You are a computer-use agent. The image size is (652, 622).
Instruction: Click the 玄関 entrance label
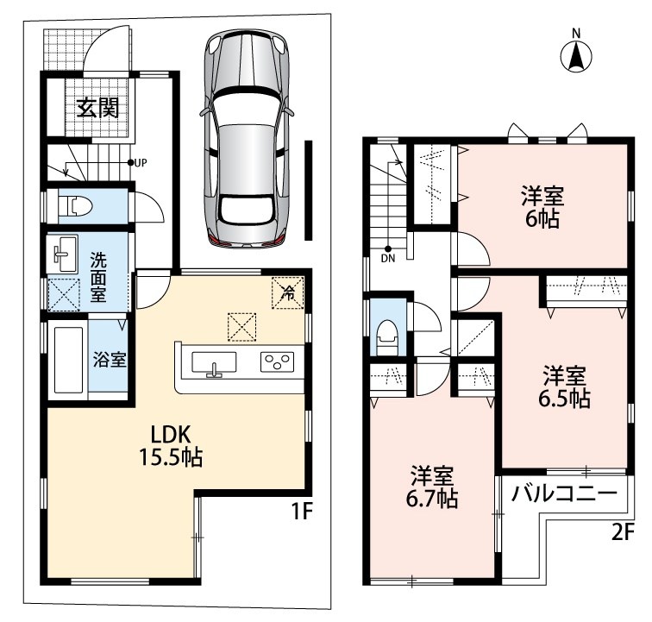pos(98,108)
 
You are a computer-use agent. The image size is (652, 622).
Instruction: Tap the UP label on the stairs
pos(141,163)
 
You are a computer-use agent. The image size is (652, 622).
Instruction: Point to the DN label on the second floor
pos(388,258)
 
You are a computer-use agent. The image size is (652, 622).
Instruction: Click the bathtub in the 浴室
pos(68,360)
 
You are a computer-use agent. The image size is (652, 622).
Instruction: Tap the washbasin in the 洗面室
pos(63,254)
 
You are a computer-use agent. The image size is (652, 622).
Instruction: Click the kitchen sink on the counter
pos(214,363)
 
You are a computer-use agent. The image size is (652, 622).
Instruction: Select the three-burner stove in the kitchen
pos(278,361)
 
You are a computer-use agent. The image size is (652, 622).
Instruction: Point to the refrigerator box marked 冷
pos(287,293)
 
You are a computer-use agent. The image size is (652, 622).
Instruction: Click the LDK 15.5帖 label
pos(171,446)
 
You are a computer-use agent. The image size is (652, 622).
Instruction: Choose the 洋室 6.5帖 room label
pos(564,386)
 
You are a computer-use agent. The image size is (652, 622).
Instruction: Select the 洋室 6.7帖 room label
pos(432,487)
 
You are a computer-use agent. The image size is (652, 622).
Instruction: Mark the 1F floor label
pos(302,512)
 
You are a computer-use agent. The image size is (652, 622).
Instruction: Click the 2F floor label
pos(623,532)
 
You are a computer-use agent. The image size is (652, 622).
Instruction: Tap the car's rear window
pos(248,210)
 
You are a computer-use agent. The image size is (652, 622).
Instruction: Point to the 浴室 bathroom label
pos(110,360)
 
